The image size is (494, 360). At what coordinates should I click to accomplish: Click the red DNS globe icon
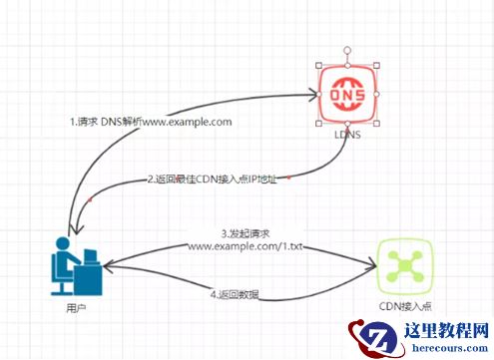click(347, 95)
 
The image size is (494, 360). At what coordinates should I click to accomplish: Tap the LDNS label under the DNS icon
click(347, 135)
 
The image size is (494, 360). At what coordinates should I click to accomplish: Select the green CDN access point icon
click(405, 266)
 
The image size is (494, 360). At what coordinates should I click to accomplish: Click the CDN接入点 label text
click(405, 306)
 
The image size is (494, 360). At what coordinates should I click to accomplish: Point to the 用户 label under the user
click(76, 308)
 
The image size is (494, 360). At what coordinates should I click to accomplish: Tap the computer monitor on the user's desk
click(91, 257)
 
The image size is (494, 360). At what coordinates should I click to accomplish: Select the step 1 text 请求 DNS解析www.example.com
click(151, 122)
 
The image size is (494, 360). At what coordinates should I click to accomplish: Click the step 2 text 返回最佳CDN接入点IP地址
click(212, 180)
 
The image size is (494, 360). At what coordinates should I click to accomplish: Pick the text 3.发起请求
click(246, 233)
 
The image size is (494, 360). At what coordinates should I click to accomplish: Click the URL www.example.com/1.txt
click(246, 246)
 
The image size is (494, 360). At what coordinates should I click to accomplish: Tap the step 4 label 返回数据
click(235, 294)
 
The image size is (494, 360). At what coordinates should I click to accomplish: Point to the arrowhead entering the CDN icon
click(371, 266)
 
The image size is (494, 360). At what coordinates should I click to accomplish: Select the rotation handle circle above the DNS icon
click(347, 51)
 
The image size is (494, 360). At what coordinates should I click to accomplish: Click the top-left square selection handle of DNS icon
click(318, 66)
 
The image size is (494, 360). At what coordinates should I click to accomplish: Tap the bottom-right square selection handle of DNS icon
click(376, 124)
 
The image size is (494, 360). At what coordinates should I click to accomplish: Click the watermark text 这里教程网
click(446, 330)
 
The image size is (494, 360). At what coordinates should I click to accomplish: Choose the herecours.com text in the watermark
click(450, 348)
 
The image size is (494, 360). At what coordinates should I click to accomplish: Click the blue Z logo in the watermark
click(378, 338)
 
